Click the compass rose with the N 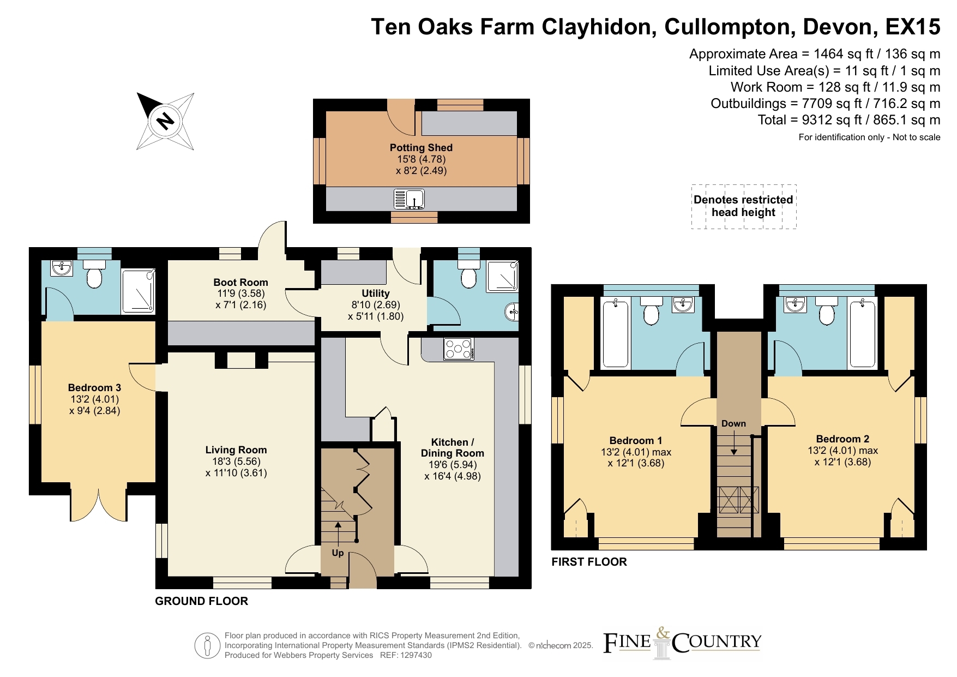coord(165,121)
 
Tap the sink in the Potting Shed coord(409,199)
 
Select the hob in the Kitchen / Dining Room coord(459,349)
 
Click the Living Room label coord(236,450)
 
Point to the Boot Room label coord(240,282)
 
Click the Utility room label coord(376,293)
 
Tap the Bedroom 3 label coord(94,388)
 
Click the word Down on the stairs coord(733,423)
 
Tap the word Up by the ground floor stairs coord(338,553)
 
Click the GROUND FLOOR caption coord(202,601)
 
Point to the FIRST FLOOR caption coord(589,562)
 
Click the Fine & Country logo coord(682,643)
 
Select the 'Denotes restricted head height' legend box coord(744,206)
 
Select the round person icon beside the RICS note coord(208,646)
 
